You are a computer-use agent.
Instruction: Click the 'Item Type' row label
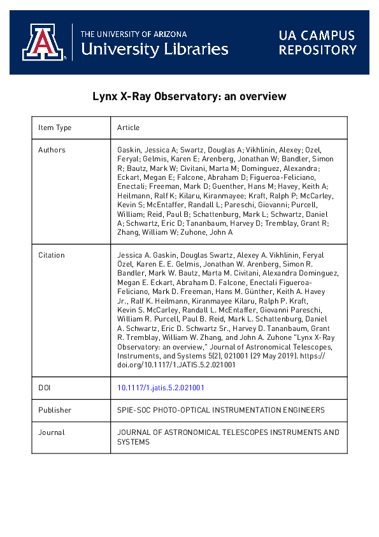[x=55, y=128]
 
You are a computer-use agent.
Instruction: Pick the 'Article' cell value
[x=128, y=128]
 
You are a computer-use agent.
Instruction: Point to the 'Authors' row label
[x=52, y=150]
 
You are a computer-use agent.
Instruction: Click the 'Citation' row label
[x=52, y=255]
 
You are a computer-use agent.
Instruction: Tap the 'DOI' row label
[x=45, y=387]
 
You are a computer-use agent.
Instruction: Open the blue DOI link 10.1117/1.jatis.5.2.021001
[x=161, y=387]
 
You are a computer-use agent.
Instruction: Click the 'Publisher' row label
[x=55, y=410]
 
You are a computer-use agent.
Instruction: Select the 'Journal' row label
[x=52, y=432]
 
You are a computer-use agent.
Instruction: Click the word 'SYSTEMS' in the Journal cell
[x=133, y=441]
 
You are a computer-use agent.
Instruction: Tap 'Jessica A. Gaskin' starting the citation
[x=143, y=255]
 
